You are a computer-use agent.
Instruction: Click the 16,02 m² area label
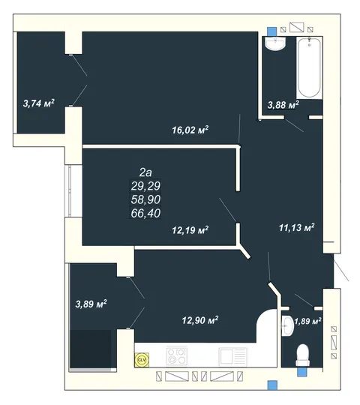190,130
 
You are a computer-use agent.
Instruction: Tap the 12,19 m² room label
190,230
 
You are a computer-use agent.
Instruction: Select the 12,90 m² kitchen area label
200,320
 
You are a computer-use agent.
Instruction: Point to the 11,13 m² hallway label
297,227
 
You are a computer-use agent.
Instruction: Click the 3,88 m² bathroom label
283,105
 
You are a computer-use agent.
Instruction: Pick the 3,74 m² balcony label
39,103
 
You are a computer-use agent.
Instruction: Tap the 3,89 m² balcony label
91,304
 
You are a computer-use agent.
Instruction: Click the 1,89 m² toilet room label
307,322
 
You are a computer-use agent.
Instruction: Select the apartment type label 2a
145,172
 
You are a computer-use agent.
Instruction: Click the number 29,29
145,186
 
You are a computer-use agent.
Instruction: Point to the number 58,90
145,199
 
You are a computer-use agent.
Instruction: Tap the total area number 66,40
145,213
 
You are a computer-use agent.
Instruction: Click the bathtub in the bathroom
310,67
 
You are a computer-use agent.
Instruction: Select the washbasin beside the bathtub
276,43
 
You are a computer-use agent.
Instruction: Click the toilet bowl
303,355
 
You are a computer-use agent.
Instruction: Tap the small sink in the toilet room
287,326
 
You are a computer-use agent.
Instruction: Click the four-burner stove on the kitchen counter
177,356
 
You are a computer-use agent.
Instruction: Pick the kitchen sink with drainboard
232,356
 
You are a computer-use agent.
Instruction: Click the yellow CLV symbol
142,360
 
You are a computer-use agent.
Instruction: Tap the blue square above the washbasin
271,31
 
